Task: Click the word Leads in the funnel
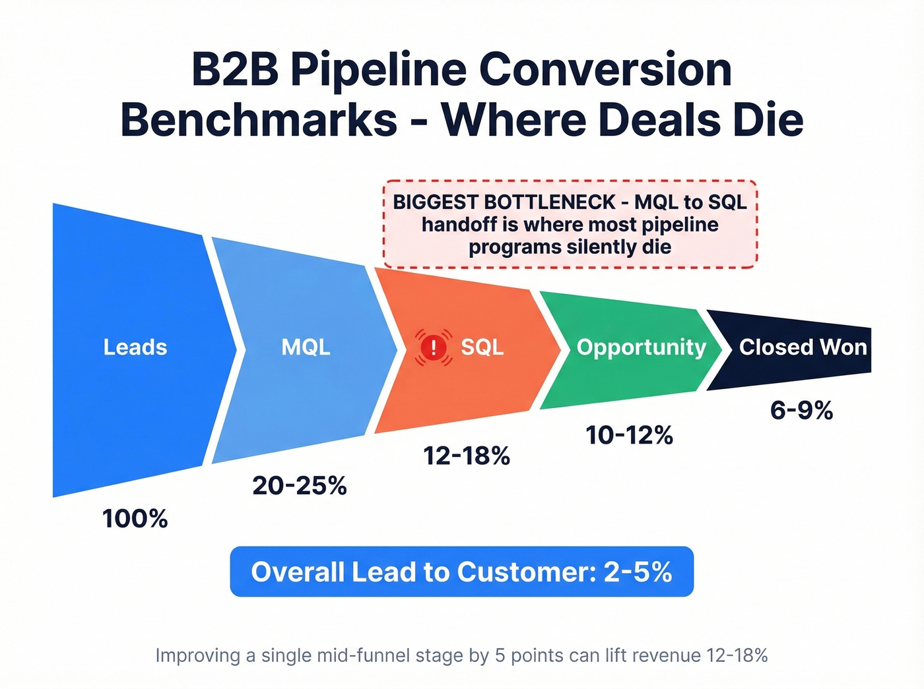(x=135, y=347)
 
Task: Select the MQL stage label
(x=306, y=347)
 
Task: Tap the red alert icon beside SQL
(x=433, y=347)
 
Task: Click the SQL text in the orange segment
(x=482, y=347)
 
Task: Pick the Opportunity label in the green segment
(x=641, y=347)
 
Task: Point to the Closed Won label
(x=803, y=347)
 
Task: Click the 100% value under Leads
(x=135, y=519)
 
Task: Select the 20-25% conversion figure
(x=300, y=486)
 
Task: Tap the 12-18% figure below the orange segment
(x=467, y=456)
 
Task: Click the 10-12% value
(x=630, y=435)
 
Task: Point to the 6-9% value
(x=801, y=411)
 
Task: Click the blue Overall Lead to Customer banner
(x=461, y=572)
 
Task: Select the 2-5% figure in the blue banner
(x=638, y=572)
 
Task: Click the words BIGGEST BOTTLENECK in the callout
(x=504, y=202)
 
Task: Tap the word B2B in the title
(x=235, y=69)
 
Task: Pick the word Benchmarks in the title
(x=259, y=120)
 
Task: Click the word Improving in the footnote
(x=197, y=655)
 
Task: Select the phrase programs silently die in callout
(x=570, y=247)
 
